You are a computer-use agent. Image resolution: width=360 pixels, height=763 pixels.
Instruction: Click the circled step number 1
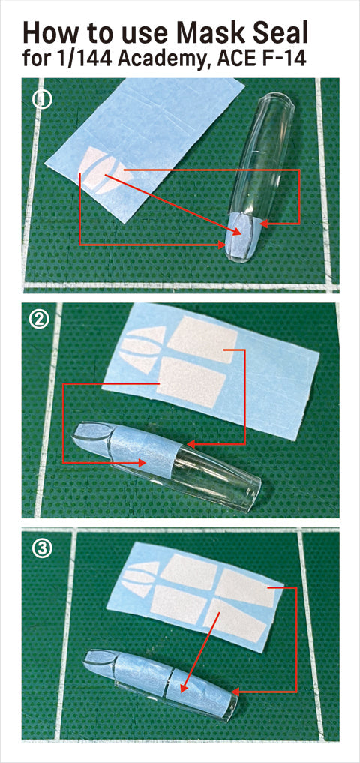tap(42, 99)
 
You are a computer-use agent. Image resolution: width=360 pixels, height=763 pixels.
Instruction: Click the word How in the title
tap(46, 33)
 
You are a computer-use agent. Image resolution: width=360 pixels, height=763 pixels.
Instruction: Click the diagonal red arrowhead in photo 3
tap(183, 688)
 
